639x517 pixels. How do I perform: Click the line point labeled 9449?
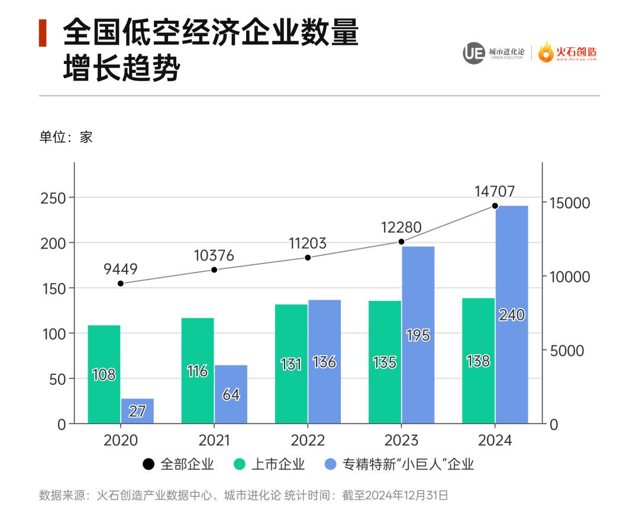pyautogui.click(x=121, y=284)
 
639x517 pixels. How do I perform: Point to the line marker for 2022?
pyautogui.click(x=308, y=258)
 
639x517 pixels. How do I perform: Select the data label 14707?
pyautogui.click(x=495, y=191)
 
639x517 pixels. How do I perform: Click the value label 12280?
pyautogui.click(x=401, y=227)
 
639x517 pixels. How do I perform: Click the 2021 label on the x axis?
pyautogui.click(x=214, y=441)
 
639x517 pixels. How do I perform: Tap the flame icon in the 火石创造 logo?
pyautogui.click(x=546, y=52)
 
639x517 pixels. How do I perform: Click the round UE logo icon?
pyautogui.click(x=473, y=53)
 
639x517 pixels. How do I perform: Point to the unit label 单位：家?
pyautogui.click(x=66, y=137)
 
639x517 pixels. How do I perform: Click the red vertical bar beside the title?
pyautogui.click(x=43, y=33)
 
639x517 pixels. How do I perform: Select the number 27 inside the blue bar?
pyautogui.click(x=137, y=412)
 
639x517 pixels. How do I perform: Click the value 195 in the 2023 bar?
pyautogui.click(x=418, y=335)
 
